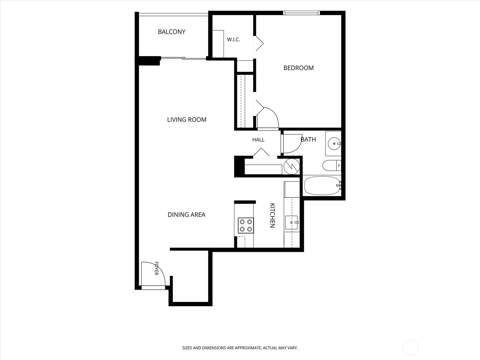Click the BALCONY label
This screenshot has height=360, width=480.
pos(172,32)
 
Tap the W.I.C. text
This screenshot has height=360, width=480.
pos(233,40)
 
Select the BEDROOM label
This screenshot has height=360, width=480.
pos(298,68)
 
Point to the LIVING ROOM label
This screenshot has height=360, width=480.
pos(187,120)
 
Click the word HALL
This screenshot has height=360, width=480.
pos(259,140)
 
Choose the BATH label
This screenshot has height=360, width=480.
pos(308,139)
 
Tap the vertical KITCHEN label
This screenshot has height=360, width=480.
pos(272,215)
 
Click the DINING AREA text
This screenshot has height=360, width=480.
pos(187,215)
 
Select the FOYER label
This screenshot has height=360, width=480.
pos(156,268)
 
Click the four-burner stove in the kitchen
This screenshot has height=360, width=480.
pos(246,225)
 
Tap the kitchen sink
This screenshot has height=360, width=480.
pos(292,223)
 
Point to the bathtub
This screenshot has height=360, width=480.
pos(322,186)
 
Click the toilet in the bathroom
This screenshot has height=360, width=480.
pos(331,166)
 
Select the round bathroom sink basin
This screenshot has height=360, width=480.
pos(334,144)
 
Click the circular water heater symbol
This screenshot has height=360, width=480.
pos(292,166)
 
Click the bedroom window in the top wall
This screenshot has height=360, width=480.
pos(301,13)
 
